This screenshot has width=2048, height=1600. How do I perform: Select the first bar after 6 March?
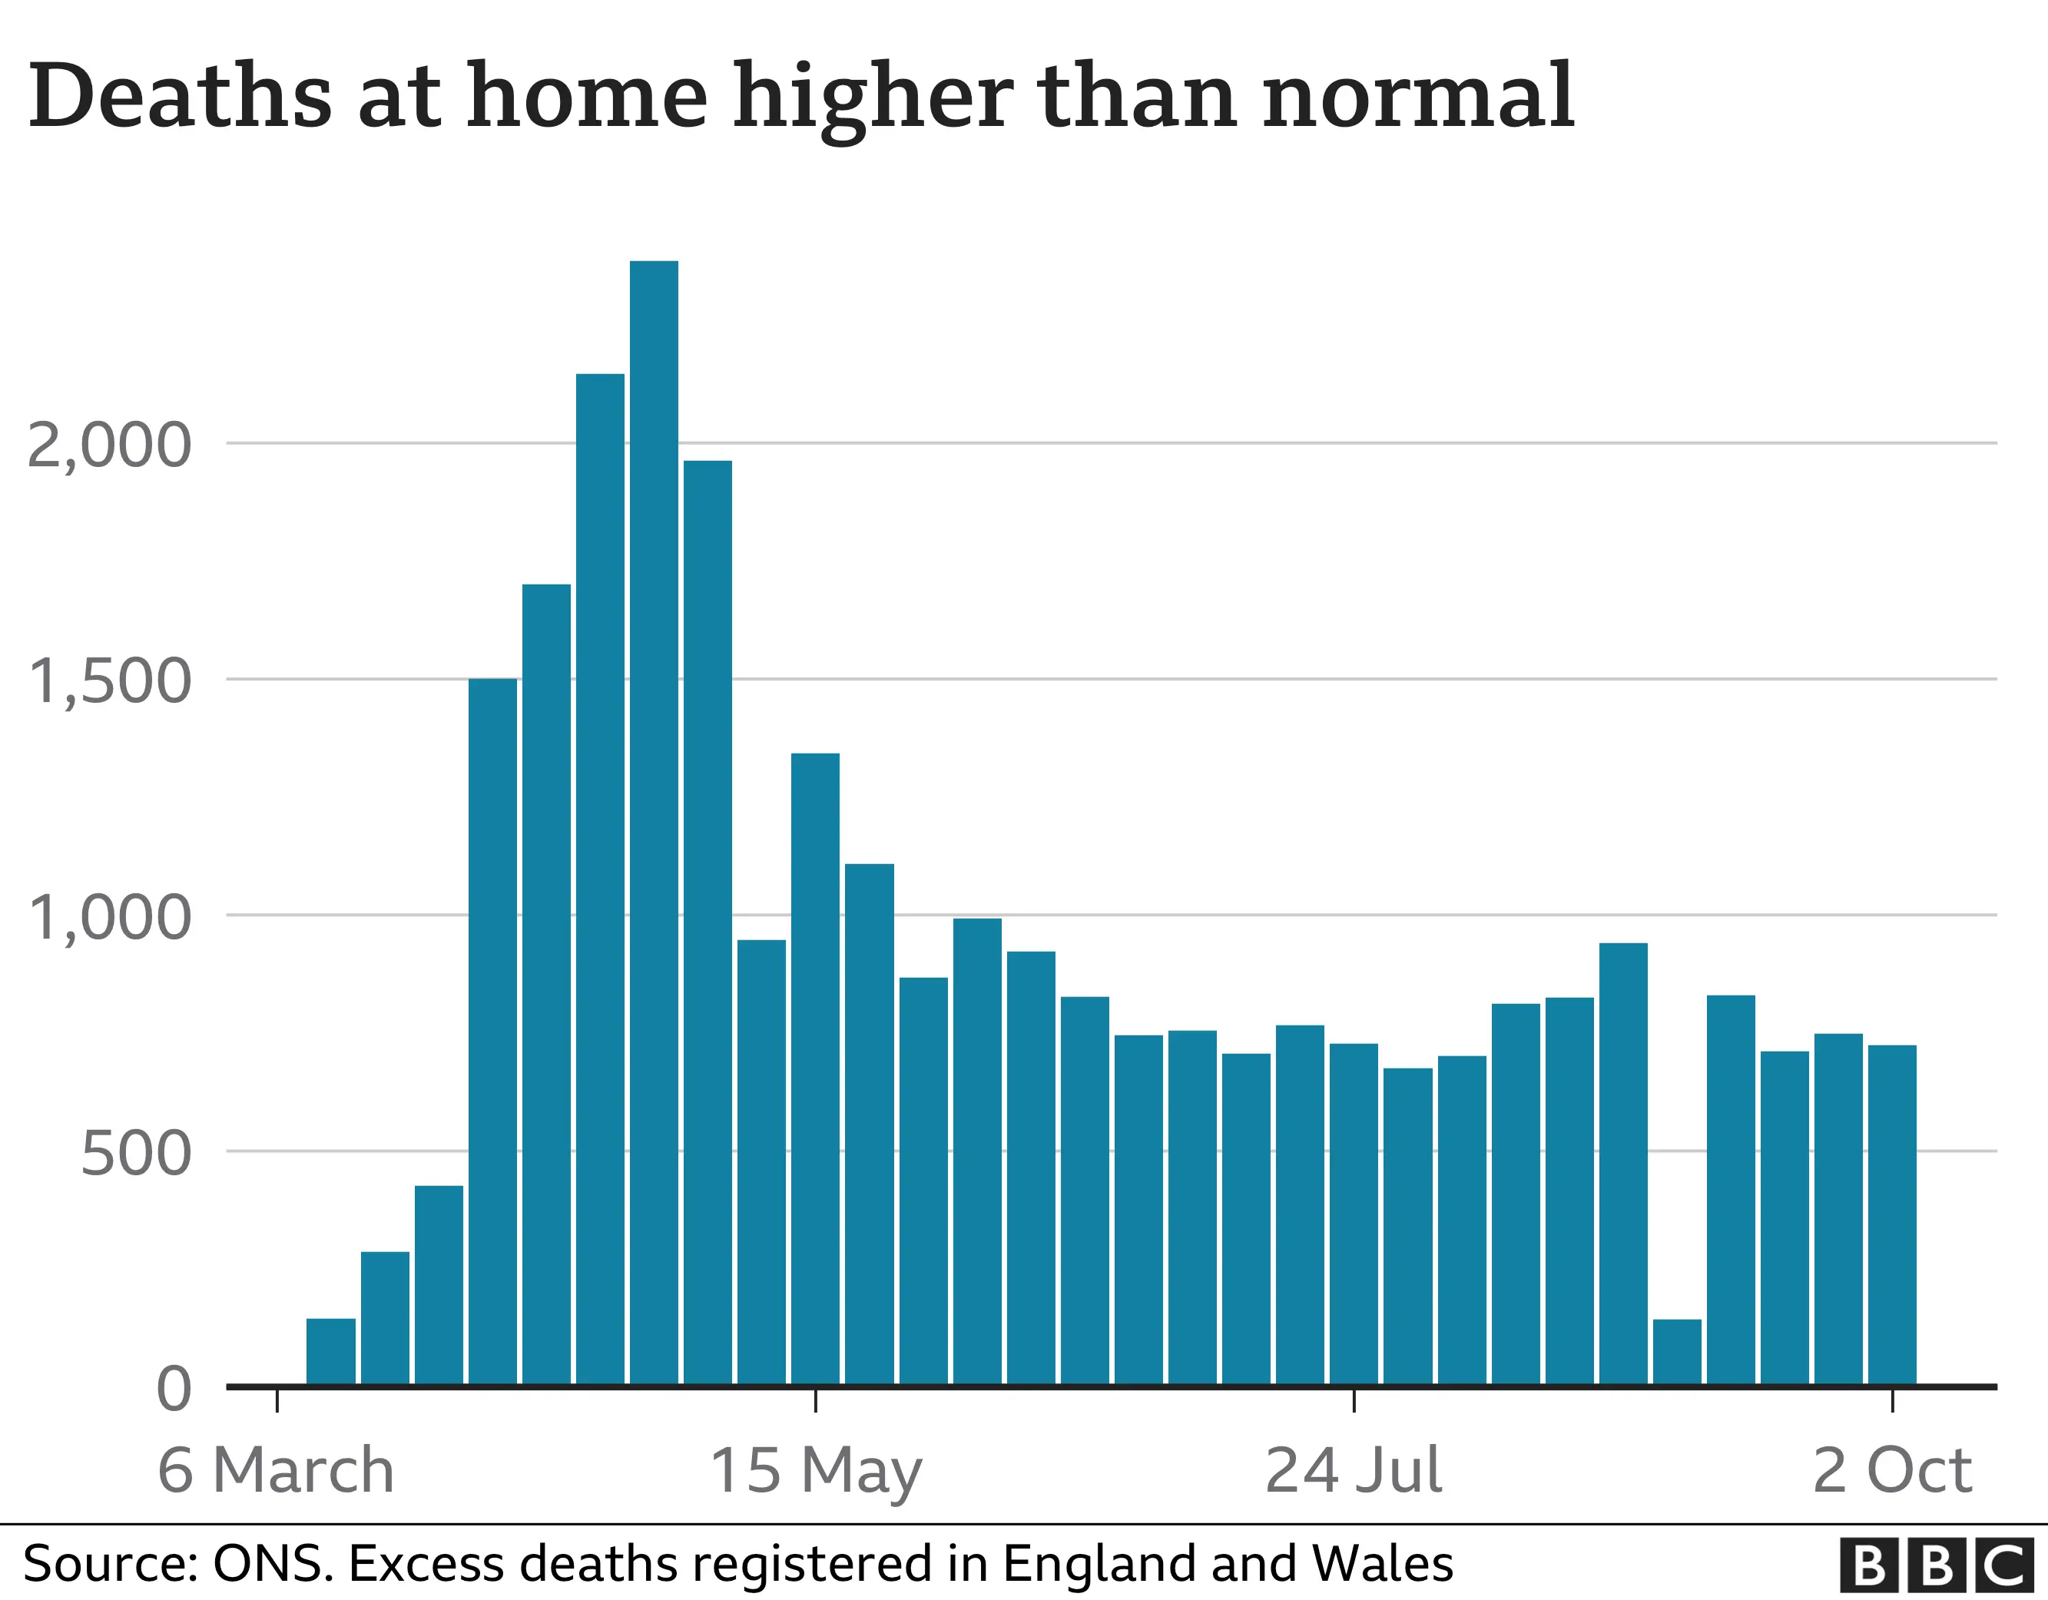pyautogui.click(x=331, y=1350)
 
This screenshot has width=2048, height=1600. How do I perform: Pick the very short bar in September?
pyautogui.click(x=1677, y=1350)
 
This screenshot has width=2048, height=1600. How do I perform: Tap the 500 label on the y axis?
pyautogui.click(x=135, y=1154)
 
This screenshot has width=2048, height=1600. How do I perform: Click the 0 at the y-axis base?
pyautogui.click(x=174, y=1389)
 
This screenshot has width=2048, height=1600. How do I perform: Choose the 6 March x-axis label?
pyautogui.click(x=276, y=1471)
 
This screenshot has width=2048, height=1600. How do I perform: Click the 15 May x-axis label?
pyautogui.click(x=815, y=1471)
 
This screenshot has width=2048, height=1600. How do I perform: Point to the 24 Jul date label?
pyautogui.click(x=1353, y=1471)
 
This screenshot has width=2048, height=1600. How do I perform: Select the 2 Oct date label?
pyautogui.click(x=1891, y=1471)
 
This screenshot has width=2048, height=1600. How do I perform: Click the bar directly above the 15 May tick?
pyautogui.click(x=815, y=1068)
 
